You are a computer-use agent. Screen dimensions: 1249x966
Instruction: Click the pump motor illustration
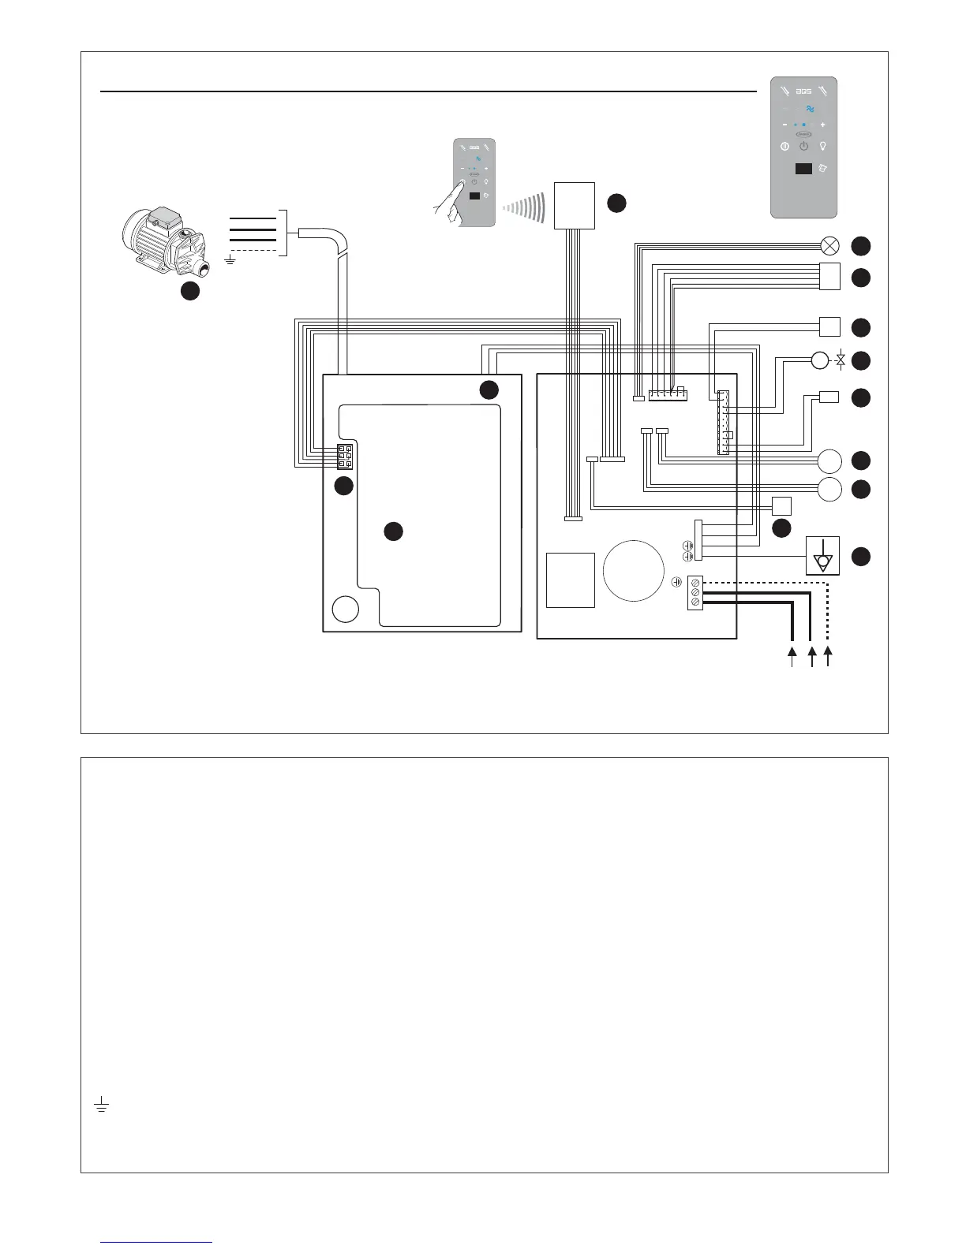click(x=163, y=233)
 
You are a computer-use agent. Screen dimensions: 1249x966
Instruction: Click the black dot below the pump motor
click(x=189, y=291)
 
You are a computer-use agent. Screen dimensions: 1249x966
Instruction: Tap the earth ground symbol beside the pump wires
click(x=230, y=259)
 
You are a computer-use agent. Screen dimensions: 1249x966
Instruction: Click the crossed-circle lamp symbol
click(x=829, y=245)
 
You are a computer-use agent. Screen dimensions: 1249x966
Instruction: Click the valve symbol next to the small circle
click(x=841, y=361)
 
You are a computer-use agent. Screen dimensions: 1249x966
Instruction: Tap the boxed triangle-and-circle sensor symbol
click(x=822, y=555)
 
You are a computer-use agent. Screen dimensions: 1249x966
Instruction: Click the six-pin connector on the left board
click(x=345, y=457)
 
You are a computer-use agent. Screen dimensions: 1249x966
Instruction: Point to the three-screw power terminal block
click(x=695, y=592)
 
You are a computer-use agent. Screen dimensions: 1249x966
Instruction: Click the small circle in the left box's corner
click(x=345, y=610)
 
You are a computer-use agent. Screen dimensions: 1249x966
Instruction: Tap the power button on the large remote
click(x=803, y=147)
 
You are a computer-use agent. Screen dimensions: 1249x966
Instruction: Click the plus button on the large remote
click(x=823, y=125)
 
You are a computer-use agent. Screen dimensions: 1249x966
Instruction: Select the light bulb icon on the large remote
click(x=824, y=147)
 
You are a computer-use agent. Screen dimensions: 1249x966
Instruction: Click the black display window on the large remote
click(x=803, y=170)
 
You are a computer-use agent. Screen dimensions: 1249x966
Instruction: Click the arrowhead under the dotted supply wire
click(x=828, y=651)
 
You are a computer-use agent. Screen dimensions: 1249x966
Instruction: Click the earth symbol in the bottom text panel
click(x=100, y=1106)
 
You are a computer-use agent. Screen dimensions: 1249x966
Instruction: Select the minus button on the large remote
click(x=784, y=125)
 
